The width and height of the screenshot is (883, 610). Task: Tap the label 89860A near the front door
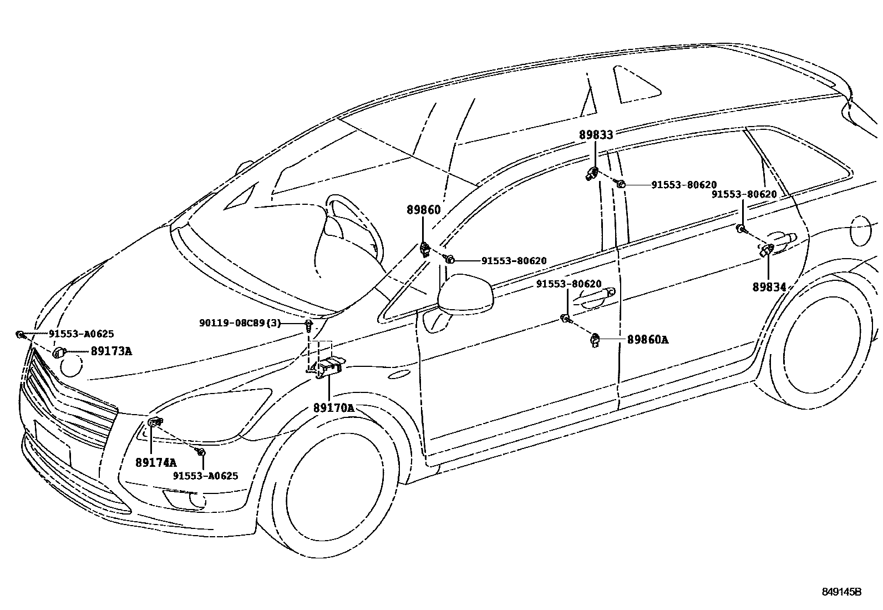click(647, 339)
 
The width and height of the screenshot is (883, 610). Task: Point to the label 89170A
click(333, 408)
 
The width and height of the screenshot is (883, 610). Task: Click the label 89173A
click(111, 351)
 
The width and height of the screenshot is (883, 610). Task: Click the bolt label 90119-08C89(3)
click(240, 322)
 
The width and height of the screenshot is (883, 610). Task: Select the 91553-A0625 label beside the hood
click(81, 334)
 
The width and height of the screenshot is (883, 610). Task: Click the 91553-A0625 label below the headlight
click(205, 476)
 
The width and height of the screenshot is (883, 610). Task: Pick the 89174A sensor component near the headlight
click(155, 422)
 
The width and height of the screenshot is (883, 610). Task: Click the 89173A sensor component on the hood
click(59, 352)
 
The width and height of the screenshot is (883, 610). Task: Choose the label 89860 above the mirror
click(423, 210)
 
